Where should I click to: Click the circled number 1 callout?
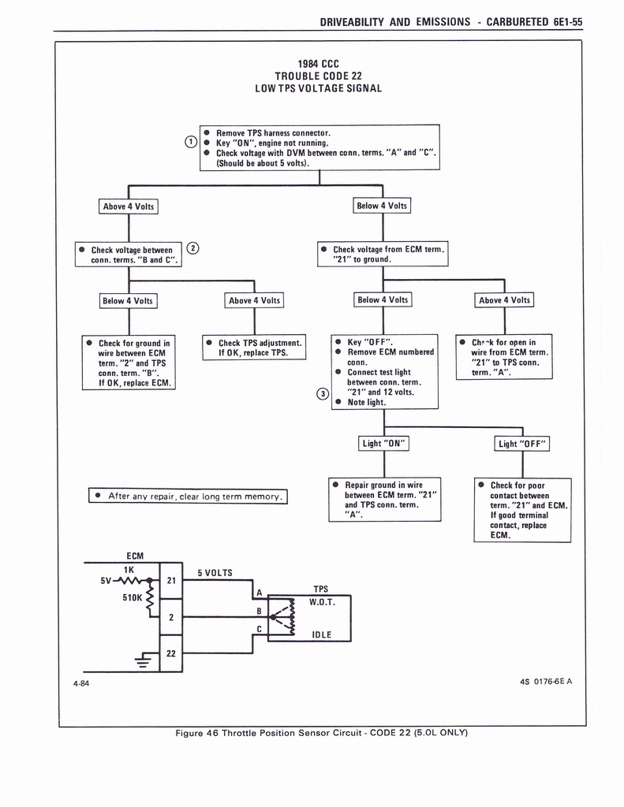click(x=190, y=142)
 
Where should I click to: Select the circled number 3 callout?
click(x=321, y=393)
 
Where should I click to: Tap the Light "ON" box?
click(x=383, y=444)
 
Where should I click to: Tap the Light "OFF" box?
click(x=521, y=444)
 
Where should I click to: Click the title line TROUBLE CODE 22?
click(x=318, y=76)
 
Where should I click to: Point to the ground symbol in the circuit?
click(x=143, y=660)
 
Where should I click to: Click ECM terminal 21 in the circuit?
click(x=171, y=581)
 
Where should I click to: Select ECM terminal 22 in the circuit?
click(x=171, y=653)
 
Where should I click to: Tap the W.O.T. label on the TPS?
click(x=322, y=603)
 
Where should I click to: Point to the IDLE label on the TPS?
click(x=321, y=634)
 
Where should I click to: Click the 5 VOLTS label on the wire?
click(x=215, y=573)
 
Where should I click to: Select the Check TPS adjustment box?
click(x=254, y=348)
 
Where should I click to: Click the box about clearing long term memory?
click(x=188, y=496)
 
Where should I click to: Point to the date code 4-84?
click(x=80, y=683)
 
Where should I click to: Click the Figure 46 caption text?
click(x=321, y=733)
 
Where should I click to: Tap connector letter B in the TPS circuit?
click(x=259, y=611)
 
